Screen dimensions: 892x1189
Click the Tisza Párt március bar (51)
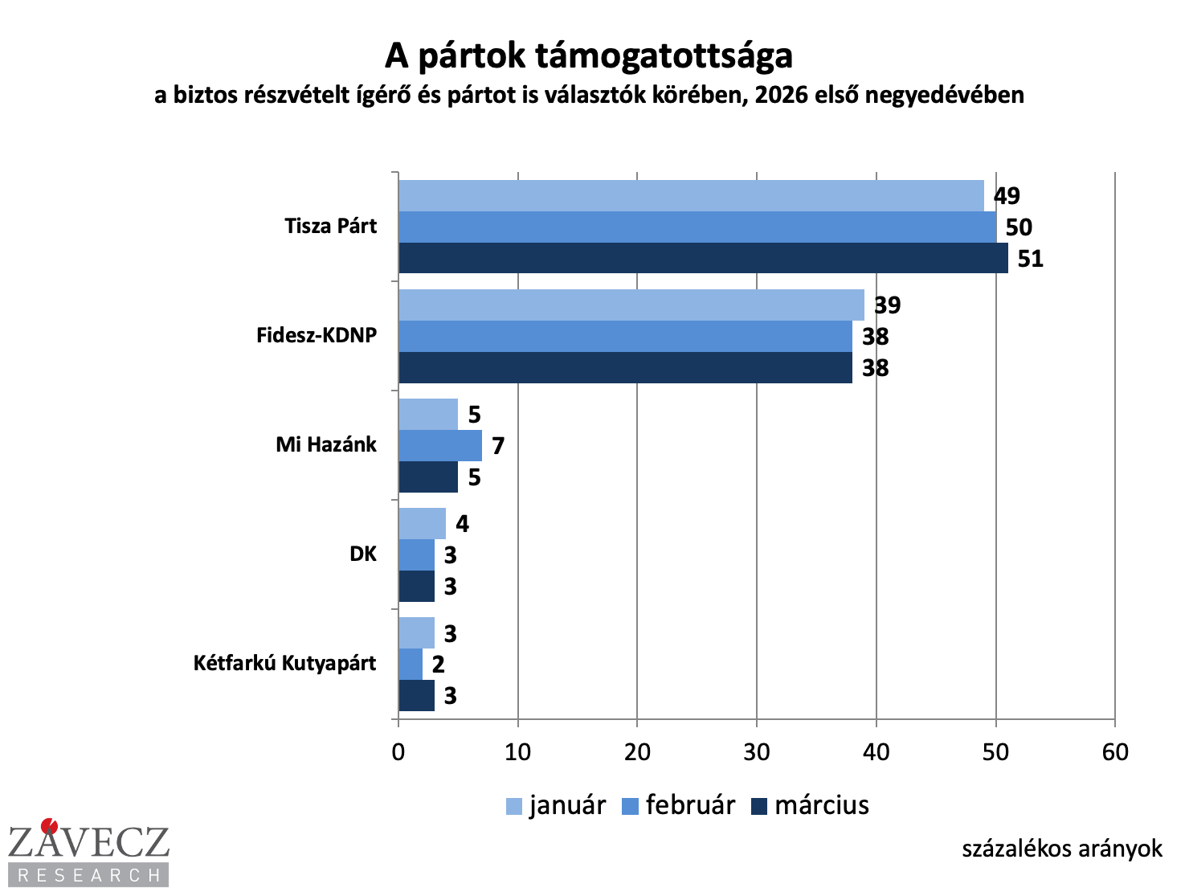pos(703,258)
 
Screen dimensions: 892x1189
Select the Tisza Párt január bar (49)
pos(691,195)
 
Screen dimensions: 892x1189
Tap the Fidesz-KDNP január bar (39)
pos(631,305)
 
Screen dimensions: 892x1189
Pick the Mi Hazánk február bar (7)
pos(440,445)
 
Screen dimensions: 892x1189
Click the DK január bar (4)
pos(422,523)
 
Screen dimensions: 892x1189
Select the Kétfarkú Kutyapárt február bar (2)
pos(411,664)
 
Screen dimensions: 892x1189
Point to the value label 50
pos(1018,227)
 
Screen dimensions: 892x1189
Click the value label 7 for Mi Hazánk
pos(498,446)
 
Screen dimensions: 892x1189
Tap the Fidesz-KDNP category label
pos(317,335)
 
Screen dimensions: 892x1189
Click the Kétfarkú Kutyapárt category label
pos(284,663)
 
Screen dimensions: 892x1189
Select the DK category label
pos(363,554)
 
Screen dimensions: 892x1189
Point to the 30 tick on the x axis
pos(756,752)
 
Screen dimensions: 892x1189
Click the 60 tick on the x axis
pos(1115,752)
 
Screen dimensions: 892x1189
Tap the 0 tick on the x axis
pos(398,752)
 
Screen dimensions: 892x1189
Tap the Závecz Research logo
pos(88,852)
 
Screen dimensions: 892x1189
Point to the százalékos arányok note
pos(1061,849)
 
